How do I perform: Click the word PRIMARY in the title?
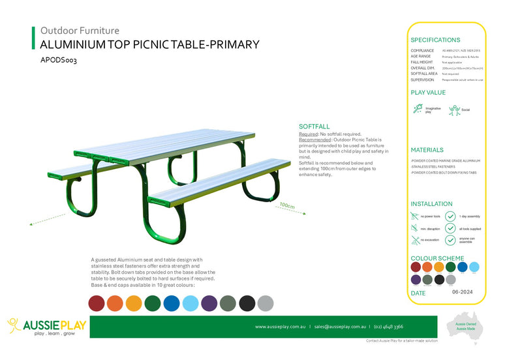[x=232, y=44]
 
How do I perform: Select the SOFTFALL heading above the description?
[x=314, y=126]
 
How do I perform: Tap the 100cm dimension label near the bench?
[x=286, y=206]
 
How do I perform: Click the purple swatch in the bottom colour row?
[x=209, y=303]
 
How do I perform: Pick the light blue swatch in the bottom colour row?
[x=190, y=303]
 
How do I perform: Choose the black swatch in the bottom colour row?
[x=247, y=303]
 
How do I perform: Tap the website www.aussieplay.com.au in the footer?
[x=281, y=326]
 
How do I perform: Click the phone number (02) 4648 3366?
[x=389, y=326]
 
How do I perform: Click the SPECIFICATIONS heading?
[x=435, y=40]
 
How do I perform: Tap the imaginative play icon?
[x=418, y=110]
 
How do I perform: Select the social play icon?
[x=454, y=110]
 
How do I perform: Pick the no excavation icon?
[x=415, y=241]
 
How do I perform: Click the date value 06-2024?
[x=463, y=293]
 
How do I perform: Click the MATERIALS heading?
[x=427, y=150]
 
